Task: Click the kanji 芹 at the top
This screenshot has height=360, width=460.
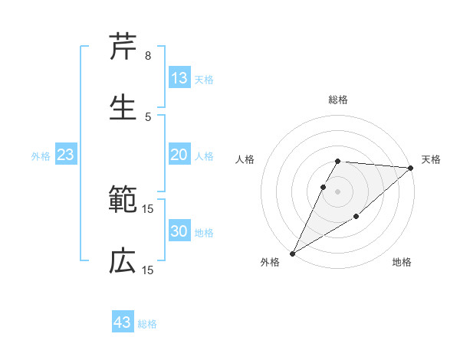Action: (x=123, y=47)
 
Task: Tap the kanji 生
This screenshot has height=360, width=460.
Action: (x=123, y=106)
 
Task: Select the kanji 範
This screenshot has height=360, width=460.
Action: (x=123, y=200)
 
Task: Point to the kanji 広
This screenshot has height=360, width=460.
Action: (x=123, y=261)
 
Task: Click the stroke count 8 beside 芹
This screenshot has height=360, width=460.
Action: (x=148, y=56)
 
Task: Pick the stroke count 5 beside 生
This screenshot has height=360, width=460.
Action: (x=148, y=116)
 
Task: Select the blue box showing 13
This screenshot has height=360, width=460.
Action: (x=179, y=77)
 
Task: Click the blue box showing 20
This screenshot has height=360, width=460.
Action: (x=179, y=155)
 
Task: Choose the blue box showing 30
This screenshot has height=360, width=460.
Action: (x=179, y=231)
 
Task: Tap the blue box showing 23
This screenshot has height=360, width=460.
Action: (x=65, y=155)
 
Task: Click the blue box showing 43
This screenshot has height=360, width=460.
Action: (x=123, y=322)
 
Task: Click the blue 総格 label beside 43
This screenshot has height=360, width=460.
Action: (x=148, y=324)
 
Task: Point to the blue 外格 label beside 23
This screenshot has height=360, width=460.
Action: (x=41, y=156)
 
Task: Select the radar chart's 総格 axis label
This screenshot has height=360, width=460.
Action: (x=338, y=100)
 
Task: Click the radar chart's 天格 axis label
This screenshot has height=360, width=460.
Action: (x=432, y=159)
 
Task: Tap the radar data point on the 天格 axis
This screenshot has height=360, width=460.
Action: (x=411, y=168)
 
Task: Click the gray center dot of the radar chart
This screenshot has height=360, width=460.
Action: (x=338, y=191)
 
